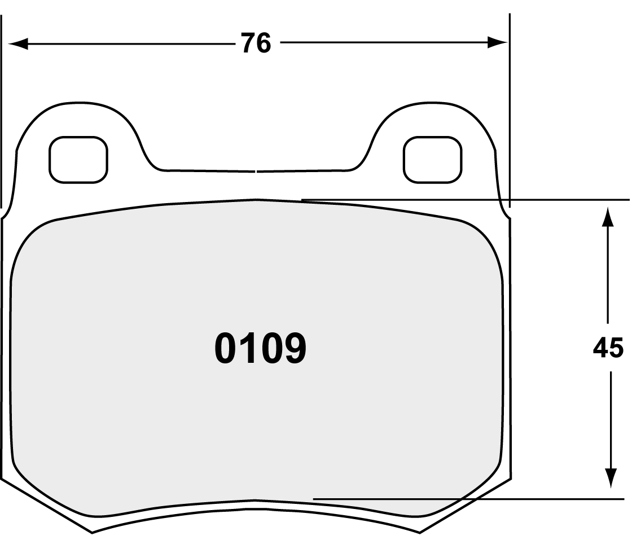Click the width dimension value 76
click(x=256, y=43)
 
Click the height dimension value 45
click(x=608, y=348)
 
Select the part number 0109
click(x=260, y=348)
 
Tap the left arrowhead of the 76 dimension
click(x=17, y=43)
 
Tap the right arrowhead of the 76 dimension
click(x=497, y=43)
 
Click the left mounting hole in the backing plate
click(x=78, y=160)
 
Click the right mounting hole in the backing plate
click(x=432, y=160)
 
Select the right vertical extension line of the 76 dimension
click(x=510, y=113)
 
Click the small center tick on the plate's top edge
click(x=257, y=170)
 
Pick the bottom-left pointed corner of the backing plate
click(x=92, y=532)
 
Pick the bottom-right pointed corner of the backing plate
click(x=420, y=532)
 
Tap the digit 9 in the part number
click(x=295, y=348)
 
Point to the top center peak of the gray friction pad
click(x=257, y=199)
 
